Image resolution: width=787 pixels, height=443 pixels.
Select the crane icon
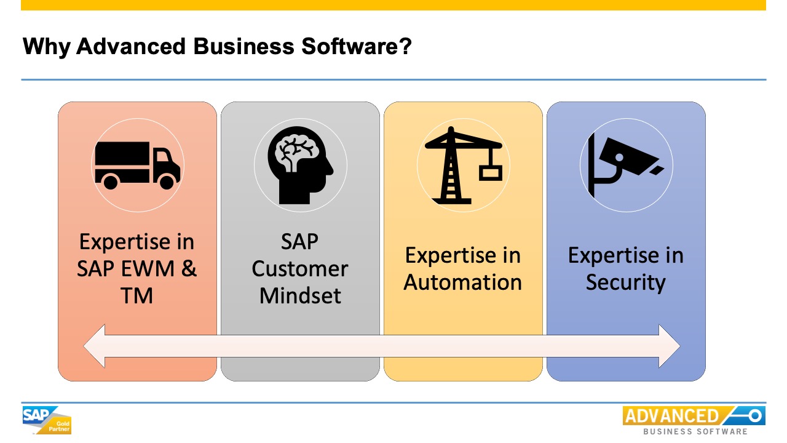click(462, 165)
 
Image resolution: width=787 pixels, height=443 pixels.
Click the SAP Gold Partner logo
click(47, 420)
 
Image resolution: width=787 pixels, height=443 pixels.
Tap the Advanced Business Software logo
click(694, 420)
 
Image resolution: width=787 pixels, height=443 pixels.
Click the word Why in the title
click(46, 47)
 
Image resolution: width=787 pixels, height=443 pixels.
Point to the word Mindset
click(300, 296)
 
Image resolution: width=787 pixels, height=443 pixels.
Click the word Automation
click(463, 282)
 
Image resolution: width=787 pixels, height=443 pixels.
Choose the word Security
click(625, 282)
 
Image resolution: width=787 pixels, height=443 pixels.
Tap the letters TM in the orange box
click(137, 296)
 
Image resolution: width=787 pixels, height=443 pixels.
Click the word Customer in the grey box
click(300, 269)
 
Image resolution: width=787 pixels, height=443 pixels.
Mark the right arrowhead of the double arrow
click(670, 346)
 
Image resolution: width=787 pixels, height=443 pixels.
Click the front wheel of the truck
click(167, 182)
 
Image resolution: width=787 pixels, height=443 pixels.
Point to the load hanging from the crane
click(491, 172)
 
